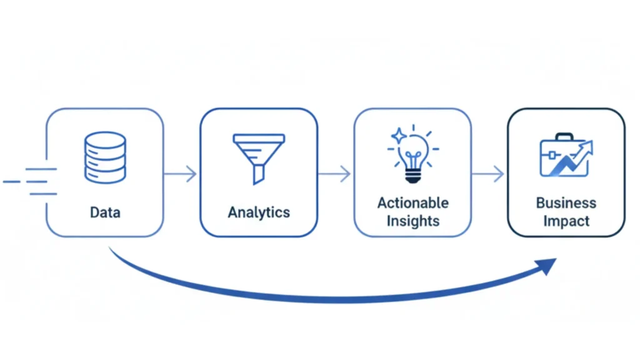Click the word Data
pos(105,212)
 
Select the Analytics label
pos(258,212)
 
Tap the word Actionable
pos(412,203)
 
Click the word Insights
pos(412,221)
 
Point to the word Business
pos(566,203)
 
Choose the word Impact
pos(566,221)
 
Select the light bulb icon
pos(413,156)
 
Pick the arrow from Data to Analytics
pos(181,174)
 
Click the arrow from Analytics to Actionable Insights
pos(335,174)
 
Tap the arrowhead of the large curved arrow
pos(548,265)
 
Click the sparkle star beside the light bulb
pos(398,136)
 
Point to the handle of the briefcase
pos(564,137)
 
